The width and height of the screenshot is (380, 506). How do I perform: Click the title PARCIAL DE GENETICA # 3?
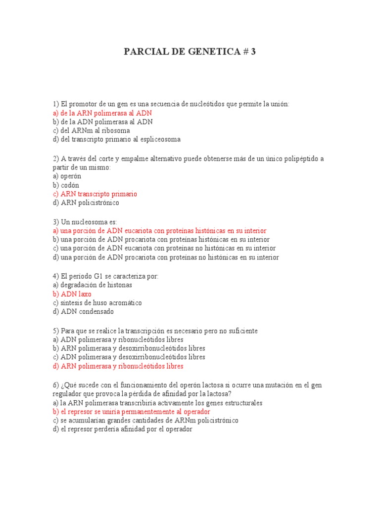(x=190, y=51)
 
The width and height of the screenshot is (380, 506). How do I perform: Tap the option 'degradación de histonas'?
(x=93, y=285)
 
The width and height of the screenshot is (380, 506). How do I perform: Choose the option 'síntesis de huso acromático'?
(x=97, y=302)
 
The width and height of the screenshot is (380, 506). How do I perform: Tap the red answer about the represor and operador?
(x=131, y=412)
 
